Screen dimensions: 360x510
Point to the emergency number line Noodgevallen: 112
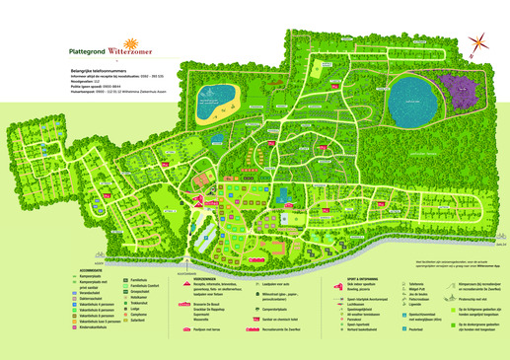click(x=89, y=82)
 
